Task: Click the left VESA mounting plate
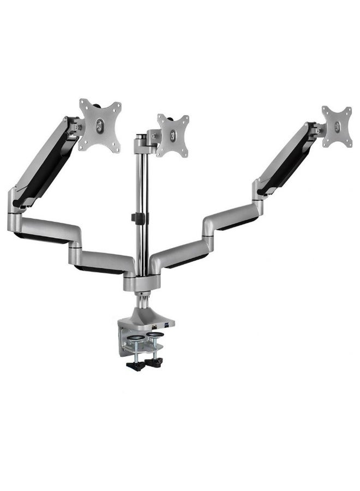pos(99,124)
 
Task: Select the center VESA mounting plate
pos(172,134)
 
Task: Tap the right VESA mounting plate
pos(336,127)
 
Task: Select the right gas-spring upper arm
pos(284,158)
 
